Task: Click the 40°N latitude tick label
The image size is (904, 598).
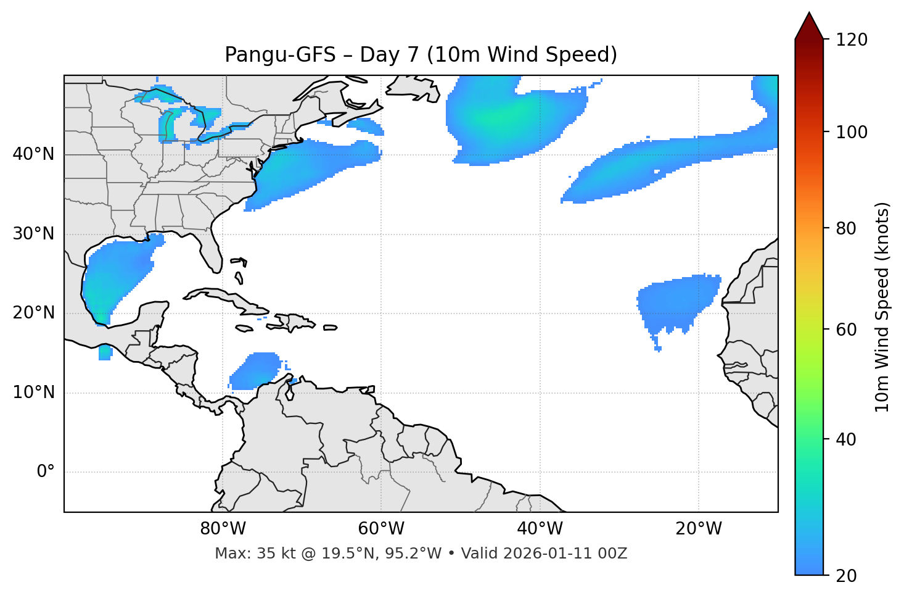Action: pos(33,154)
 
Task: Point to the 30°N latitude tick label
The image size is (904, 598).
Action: pos(33,234)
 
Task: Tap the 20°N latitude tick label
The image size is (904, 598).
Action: pos(33,313)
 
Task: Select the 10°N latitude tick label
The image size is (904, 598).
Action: pos(33,392)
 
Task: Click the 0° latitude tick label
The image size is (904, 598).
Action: pos(46,472)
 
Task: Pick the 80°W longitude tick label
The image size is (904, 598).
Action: pos(223,529)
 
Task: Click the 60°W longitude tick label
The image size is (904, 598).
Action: pos(381,529)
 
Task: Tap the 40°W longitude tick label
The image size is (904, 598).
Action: pos(540,529)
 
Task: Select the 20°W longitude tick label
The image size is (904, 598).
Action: pos(698,529)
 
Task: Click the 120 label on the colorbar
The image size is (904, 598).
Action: pos(852,40)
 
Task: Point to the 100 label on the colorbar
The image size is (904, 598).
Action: pos(852,132)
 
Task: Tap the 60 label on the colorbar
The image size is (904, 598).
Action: pos(847,330)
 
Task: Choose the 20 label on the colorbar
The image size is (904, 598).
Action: pos(847,576)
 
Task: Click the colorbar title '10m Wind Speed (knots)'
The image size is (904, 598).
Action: pos(882,307)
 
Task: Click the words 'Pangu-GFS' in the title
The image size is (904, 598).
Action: pos(280,55)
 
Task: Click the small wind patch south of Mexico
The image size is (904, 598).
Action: pos(105,353)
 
